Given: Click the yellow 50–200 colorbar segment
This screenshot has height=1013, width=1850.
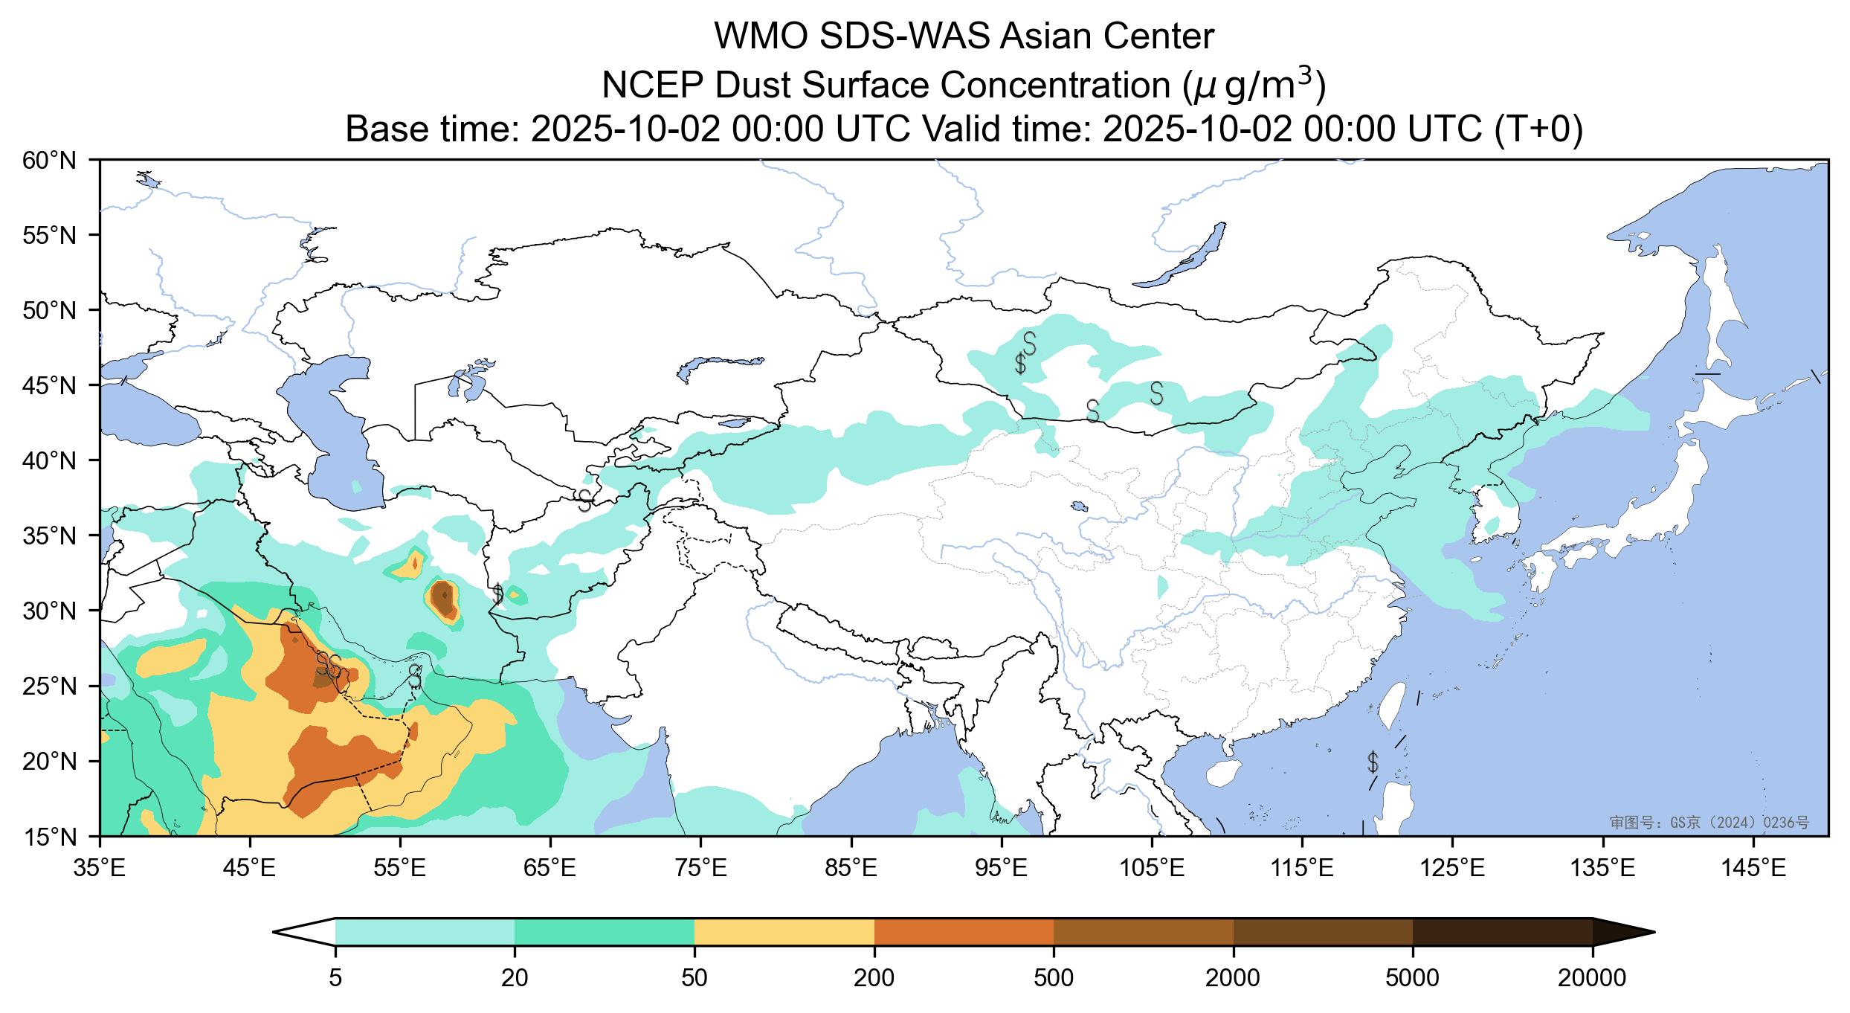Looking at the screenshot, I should coord(784,932).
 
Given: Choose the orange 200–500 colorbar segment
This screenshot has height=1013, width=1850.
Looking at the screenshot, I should coord(964,932).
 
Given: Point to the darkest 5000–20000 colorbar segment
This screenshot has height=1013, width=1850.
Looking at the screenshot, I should coord(1502,932).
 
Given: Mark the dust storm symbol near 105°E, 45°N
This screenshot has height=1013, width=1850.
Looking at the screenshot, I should coord(1156,393).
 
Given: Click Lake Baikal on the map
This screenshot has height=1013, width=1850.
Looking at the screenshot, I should coord(1182,257).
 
